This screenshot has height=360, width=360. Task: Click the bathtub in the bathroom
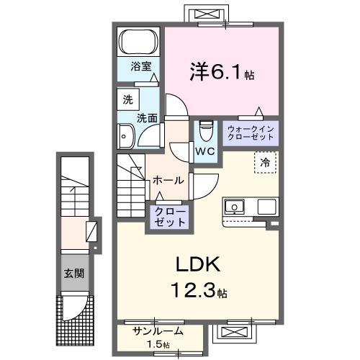pyautogui.click(x=138, y=41)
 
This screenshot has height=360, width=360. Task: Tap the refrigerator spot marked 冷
pyautogui.click(x=265, y=163)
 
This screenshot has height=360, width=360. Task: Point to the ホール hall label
pyautogui.click(x=168, y=181)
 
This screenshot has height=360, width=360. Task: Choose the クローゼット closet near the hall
pyautogui.click(x=168, y=216)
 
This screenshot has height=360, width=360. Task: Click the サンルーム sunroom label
pyautogui.click(x=157, y=332)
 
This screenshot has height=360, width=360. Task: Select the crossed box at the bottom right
pyautogui.click(x=235, y=333)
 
